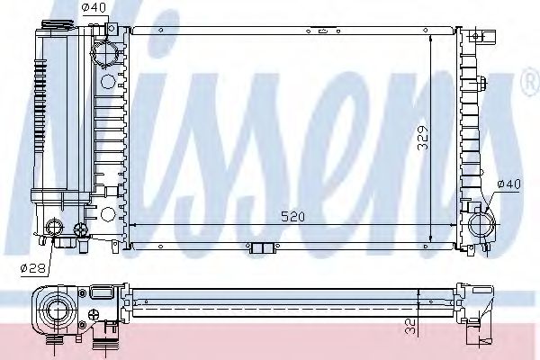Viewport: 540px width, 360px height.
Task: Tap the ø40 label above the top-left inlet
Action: point(94,8)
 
